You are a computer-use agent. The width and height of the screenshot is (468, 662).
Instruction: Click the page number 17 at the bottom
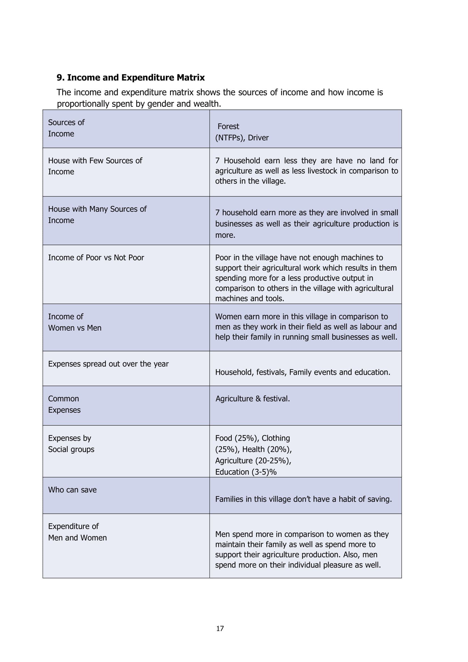pyautogui.click(x=220, y=628)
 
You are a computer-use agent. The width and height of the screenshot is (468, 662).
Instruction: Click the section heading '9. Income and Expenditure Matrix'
pyautogui.click(x=130, y=78)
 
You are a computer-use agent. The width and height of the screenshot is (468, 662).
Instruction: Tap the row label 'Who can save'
pyautogui.click(x=72, y=490)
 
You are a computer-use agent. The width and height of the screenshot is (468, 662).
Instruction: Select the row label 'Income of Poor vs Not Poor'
pyautogui.click(x=96, y=258)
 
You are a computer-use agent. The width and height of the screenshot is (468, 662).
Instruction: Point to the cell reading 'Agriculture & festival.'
pyautogui.click(x=252, y=399)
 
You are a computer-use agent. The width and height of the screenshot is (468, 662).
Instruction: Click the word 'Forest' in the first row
pyautogui.click(x=228, y=126)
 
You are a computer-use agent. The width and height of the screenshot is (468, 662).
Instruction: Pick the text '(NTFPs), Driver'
pyautogui.click(x=242, y=138)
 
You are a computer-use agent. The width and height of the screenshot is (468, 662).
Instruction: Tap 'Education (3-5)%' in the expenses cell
pyautogui.click(x=246, y=472)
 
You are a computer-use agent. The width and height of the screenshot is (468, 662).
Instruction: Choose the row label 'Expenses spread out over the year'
pyautogui.click(x=108, y=364)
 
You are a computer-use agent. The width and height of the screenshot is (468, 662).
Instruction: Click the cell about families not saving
pyautogui.click(x=303, y=499)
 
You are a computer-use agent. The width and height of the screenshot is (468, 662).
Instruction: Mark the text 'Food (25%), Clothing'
pyautogui.click(x=252, y=438)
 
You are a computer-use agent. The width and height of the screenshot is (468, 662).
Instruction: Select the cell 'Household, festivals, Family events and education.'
pyautogui.click(x=302, y=372)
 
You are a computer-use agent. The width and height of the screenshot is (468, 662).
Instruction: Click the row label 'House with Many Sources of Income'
pyautogui.click(x=97, y=215)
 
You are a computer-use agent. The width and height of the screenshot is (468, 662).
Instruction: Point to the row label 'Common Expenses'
pyautogui.click(x=64, y=404)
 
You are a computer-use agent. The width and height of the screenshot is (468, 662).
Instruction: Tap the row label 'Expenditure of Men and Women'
pyautogui.click(x=77, y=532)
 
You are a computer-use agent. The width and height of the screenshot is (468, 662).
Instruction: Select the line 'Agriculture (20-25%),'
pyautogui.click(x=253, y=460)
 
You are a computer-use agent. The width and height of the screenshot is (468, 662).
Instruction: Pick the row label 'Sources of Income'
pyautogui.click(x=66, y=128)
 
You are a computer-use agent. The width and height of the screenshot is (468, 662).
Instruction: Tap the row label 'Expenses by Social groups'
pyautogui.click(x=71, y=444)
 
